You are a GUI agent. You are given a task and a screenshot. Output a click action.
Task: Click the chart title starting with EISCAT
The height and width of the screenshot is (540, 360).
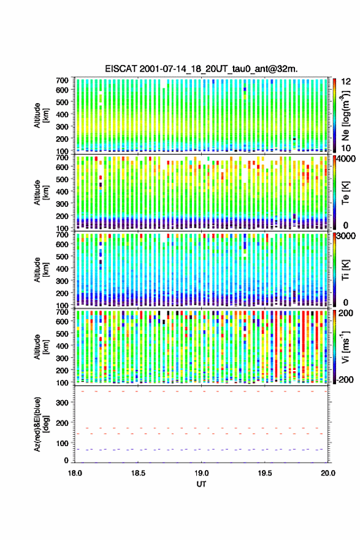(x=201, y=69)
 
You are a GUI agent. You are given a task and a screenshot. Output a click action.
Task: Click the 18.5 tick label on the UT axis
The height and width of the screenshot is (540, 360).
(x=138, y=473)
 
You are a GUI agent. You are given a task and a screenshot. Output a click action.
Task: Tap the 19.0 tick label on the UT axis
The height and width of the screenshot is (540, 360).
(x=201, y=473)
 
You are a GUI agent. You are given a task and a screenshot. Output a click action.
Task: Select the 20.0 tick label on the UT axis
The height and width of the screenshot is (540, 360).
(x=328, y=473)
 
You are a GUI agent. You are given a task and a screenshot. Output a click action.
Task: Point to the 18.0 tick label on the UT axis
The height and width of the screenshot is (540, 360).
(x=75, y=473)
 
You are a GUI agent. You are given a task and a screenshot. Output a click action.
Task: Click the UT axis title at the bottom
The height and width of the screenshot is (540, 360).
(x=201, y=484)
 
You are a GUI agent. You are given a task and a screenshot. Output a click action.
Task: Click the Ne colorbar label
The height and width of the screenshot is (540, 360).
(x=345, y=115)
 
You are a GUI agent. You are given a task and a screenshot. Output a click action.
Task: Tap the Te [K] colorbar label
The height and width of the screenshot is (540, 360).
(x=345, y=192)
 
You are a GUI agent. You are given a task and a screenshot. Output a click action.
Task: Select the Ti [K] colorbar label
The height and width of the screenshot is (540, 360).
(x=345, y=269)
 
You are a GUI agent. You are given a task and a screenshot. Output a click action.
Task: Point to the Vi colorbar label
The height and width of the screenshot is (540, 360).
(x=345, y=347)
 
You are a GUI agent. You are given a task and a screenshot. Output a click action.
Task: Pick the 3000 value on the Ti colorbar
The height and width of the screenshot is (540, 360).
(x=347, y=236)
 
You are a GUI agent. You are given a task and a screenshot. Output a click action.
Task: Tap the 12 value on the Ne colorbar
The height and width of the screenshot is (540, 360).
(x=347, y=82)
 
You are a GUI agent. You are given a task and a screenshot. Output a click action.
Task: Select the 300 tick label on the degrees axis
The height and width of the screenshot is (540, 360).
(x=63, y=403)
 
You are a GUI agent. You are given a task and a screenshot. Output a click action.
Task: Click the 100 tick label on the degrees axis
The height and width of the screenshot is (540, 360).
(x=63, y=443)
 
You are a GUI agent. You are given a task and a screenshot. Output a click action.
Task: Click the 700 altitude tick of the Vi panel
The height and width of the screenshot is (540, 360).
(x=63, y=312)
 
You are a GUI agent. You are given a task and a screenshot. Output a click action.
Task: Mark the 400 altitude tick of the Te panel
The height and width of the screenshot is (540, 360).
(x=63, y=191)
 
